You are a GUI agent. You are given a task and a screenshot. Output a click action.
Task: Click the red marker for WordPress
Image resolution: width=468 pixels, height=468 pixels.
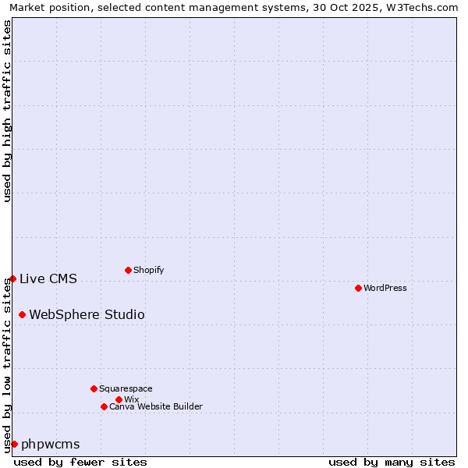click(x=358, y=288)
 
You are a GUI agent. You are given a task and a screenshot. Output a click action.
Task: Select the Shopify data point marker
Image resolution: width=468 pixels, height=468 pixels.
click(x=128, y=270)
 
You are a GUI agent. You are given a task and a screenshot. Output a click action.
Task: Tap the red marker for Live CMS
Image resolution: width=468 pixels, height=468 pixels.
click(x=12, y=278)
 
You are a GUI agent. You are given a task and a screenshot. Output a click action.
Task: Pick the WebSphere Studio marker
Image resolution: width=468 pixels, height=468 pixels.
click(x=22, y=314)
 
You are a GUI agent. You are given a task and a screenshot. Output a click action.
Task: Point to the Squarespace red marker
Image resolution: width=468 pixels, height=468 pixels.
click(x=94, y=388)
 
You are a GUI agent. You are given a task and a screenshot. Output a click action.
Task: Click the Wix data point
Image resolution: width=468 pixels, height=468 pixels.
click(x=119, y=399)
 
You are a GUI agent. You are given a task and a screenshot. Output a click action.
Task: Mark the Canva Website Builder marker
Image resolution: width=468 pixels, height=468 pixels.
click(x=104, y=406)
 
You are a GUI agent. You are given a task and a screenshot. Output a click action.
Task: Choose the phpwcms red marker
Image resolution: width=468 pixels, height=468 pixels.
click(x=14, y=444)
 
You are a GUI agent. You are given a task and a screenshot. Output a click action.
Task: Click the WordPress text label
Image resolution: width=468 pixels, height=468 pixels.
click(x=385, y=288)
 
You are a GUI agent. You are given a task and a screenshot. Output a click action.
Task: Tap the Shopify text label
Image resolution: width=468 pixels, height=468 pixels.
click(x=149, y=270)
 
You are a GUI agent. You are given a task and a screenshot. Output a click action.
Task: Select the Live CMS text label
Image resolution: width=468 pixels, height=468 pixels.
click(x=48, y=278)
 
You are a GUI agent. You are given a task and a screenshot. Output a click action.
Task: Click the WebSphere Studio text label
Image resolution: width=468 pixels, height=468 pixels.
click(x=87, y=314)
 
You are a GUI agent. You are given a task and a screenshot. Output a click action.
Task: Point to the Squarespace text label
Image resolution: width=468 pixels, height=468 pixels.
click(x=126, y=388)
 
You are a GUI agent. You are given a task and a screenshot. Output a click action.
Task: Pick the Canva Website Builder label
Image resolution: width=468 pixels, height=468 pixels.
click(x=156, y=406)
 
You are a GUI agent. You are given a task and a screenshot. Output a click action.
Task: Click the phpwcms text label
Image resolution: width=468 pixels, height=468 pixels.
click(x=51, y=444)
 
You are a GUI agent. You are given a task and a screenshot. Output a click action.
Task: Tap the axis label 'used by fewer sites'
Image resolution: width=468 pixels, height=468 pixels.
click(x=80, y=462)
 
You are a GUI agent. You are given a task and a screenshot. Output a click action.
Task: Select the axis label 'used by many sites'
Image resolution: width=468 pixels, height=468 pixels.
click(x=392, y=462)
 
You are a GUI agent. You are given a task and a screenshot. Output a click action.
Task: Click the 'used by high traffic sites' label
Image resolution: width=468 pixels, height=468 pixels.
click(x=7, y=111)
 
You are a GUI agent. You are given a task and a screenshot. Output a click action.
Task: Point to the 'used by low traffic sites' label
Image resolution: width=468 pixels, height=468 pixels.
click(x=7, y=365)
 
